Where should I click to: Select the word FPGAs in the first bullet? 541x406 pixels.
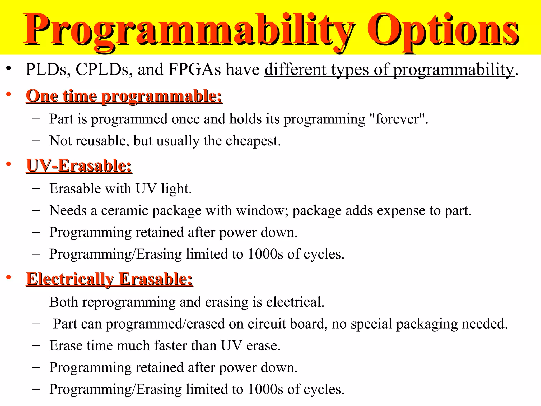pyautogui.click(x=194, y=70)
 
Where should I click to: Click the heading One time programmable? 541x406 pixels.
pyautogui.click(x=124, y=96)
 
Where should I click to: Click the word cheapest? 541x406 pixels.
pyautogui.click(x=253, y=141)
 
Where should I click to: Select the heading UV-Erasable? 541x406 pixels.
pyautogui.click(x=79, y=166)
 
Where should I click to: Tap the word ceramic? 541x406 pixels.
pyautogui.click(x=124, y=211)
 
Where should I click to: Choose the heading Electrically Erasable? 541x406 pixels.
pyautogui.click(x=109, y=279)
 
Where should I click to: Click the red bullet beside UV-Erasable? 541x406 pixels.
pyautogui.click(x=9, y=164)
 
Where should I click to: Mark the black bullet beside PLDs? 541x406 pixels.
pyautogui.click(x=9, y=68)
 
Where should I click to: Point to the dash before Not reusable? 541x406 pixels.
pyautogui.click(x=36, y=141)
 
